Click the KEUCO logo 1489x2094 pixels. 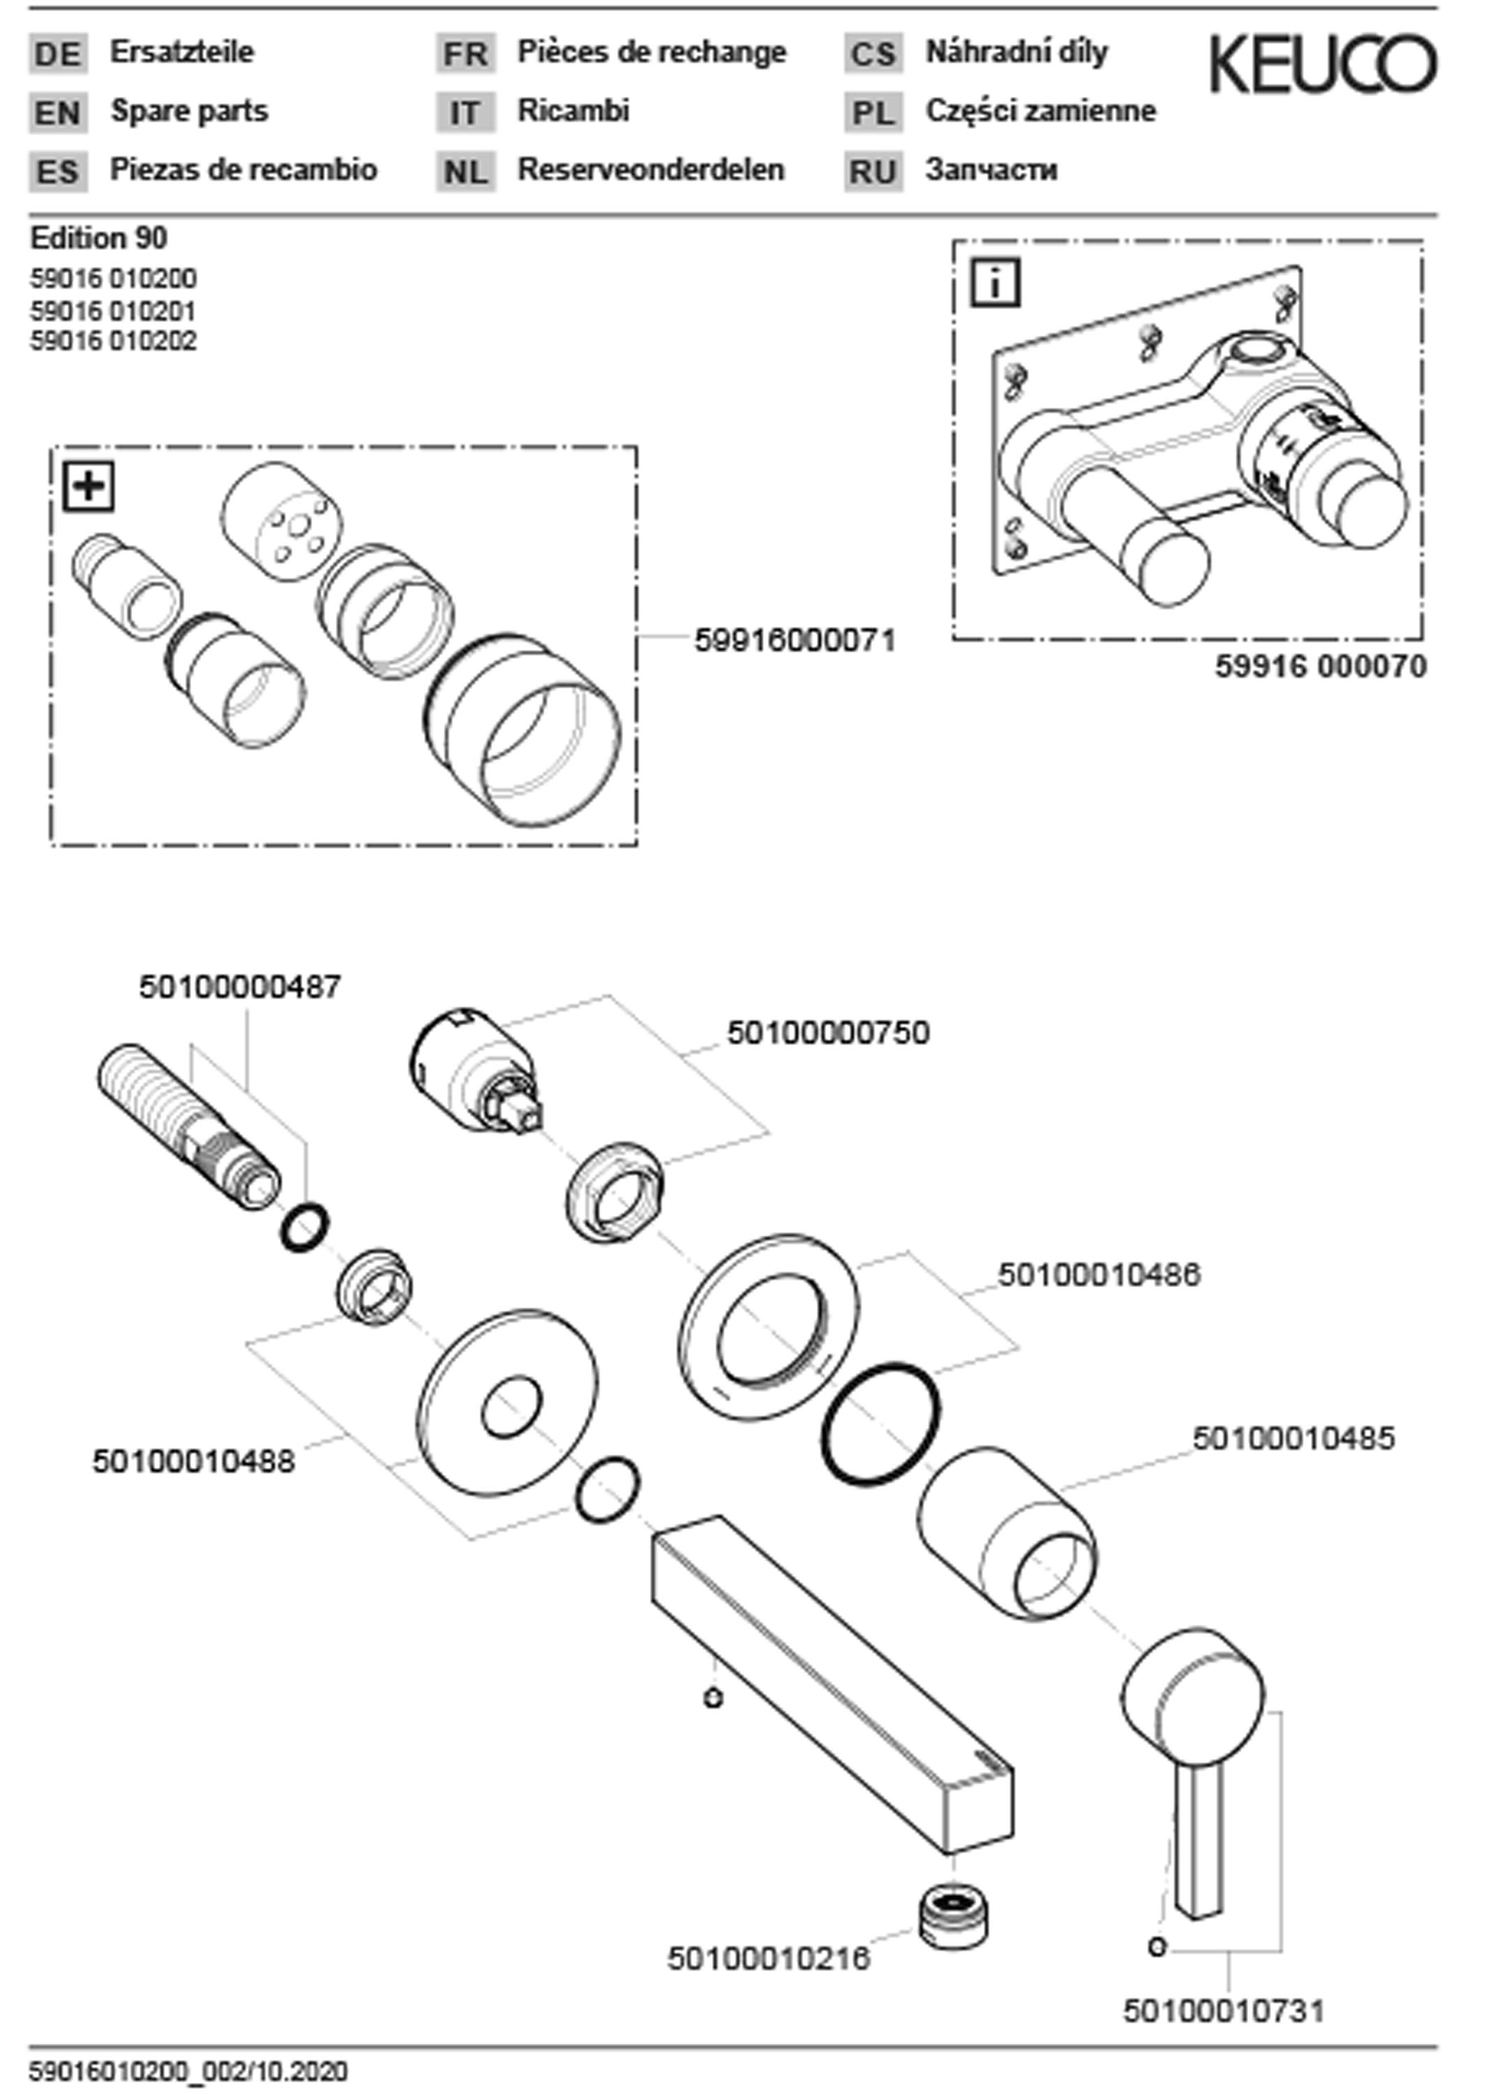(x=1322, y=64)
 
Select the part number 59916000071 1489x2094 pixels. (x=794, y=640)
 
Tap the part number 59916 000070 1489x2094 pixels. (x=1320, y=667)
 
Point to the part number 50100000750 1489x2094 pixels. (x=828, y=1032)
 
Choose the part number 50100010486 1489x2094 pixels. (x=1098, y=1275)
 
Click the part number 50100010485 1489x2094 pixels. (x=1293, y=1439)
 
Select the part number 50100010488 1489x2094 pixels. (x=193, y=1462)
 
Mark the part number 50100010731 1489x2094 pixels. (x=1223, y=2012)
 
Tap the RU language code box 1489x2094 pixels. (x=873, y=172)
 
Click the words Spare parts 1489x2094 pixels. (x=189, y=111)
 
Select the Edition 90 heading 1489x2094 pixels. (x=99, y=239)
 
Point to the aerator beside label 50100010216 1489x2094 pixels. (x=954, y=1915)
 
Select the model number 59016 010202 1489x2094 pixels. (x=113, y=341)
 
